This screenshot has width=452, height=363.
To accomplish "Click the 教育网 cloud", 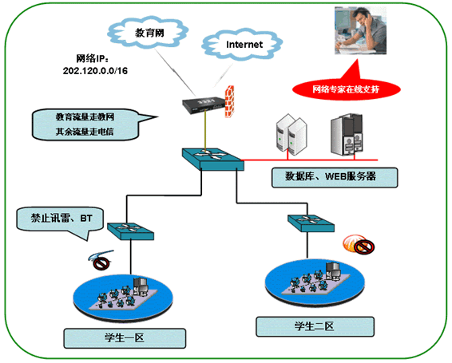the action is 149,32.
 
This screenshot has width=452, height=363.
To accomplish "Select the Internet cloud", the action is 242,44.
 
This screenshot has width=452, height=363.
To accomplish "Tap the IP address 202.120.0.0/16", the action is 95,71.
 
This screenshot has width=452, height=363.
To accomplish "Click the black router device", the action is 203,105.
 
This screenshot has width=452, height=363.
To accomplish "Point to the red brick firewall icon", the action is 229,101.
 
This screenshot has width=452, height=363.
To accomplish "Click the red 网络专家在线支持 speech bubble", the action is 347,89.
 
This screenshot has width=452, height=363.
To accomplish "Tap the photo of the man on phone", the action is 360,30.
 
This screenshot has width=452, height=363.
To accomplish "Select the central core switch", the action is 213,159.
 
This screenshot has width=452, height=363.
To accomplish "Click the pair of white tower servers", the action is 291,135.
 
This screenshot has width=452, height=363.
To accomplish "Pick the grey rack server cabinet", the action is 347,134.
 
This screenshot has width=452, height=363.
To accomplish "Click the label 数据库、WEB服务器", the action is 335,177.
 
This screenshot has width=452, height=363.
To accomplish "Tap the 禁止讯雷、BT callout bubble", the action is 60,220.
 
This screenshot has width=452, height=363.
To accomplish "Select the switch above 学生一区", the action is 131,231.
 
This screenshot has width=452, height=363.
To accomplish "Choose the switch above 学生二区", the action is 311,223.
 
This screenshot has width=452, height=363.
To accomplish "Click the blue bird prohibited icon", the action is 101,259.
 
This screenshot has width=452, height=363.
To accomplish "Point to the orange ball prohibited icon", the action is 359,244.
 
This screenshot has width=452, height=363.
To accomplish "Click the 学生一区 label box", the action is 125,338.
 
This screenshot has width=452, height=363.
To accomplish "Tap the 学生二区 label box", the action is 315,327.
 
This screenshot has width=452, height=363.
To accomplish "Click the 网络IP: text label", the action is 93,58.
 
